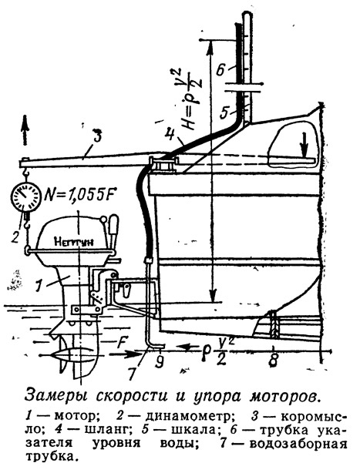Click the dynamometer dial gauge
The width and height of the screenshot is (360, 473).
point(25,197)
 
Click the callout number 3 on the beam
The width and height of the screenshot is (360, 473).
point(96,136)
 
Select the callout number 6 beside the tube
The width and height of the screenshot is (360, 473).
point(220,71)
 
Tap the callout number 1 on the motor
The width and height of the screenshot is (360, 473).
point(38,286)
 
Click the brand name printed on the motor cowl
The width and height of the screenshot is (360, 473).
point(74,241)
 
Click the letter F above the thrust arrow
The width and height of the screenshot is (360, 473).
point(121,342)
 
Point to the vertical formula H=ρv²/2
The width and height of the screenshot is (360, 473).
point(188,98)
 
